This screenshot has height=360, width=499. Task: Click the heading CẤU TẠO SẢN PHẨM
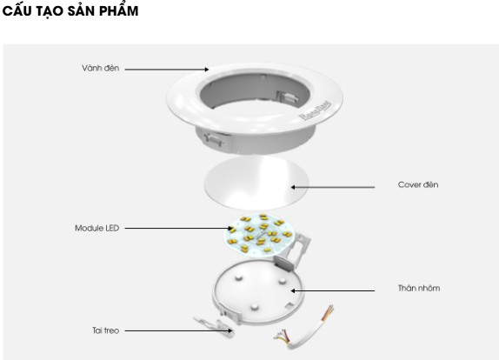[x=70, y=10]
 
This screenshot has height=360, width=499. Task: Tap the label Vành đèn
[x=100, y=68]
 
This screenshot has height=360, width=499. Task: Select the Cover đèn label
[x=418, y=184]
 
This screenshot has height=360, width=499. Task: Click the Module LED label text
[x=97, y=228]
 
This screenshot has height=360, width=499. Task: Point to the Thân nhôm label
[x=419, y=288]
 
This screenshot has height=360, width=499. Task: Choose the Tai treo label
[x=106, y=330]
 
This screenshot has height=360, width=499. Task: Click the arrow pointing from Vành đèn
[x=167, y=69]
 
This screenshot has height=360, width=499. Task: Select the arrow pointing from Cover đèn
[x=333, y=187]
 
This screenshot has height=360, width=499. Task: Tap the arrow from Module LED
[x=179, y=228]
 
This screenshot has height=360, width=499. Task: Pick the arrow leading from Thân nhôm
[x=333, y=290]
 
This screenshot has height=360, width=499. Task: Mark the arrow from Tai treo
[x=178, y=330]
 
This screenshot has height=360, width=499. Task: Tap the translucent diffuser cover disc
[x=256, y=183]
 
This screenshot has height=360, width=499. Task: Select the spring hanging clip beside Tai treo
[x=214, y=326]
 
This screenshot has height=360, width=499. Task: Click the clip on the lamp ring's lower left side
[x=214, y=139]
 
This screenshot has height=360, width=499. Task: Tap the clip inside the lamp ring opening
[x=288, y=97]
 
